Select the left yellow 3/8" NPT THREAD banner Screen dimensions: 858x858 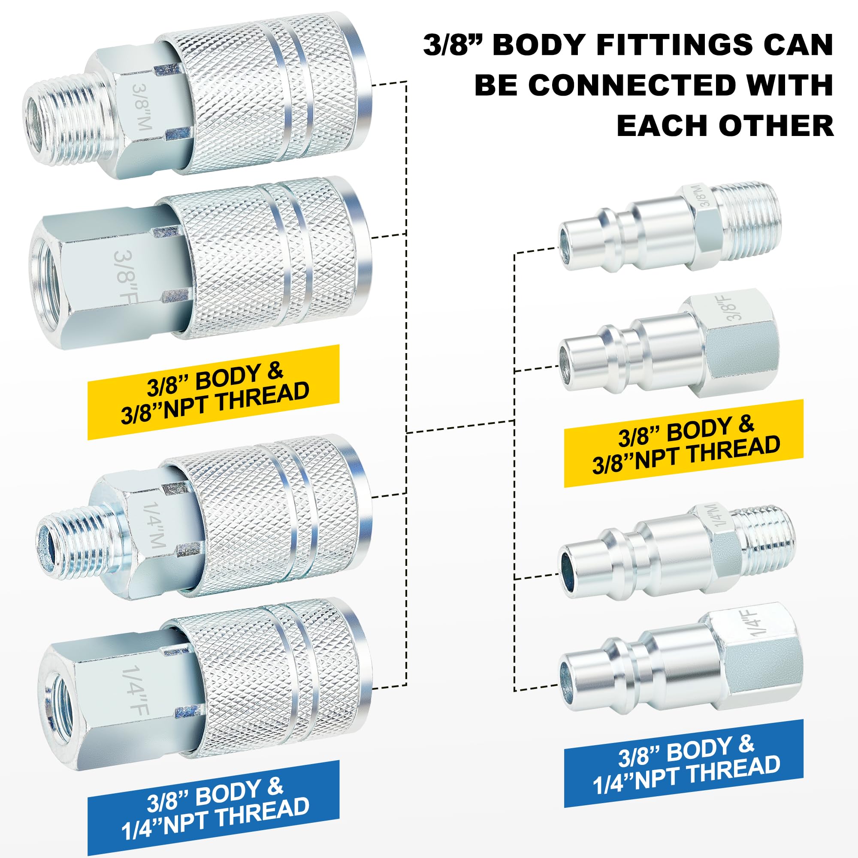tap(214, 393)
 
